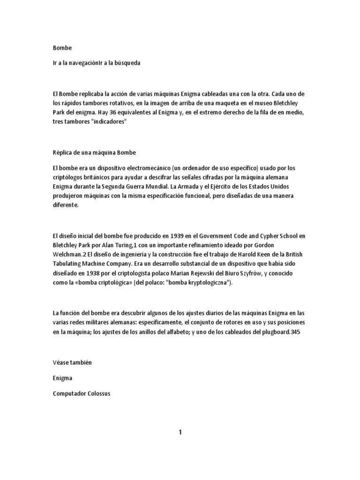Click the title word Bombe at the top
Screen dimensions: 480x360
[63, 47]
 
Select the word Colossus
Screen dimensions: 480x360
[96, 394]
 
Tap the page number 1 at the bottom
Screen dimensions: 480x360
[180, 432]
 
